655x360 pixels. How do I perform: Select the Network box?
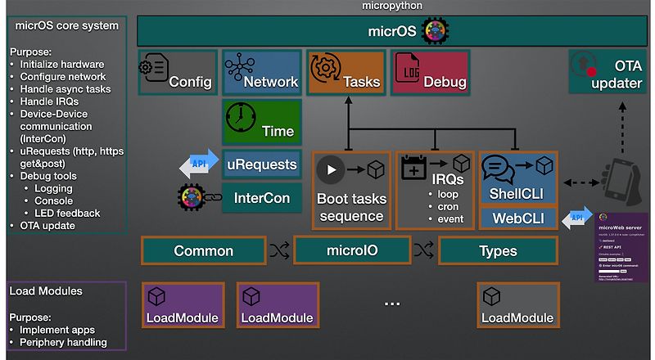[x=261, y=73]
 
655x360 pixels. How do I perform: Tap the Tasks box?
[x=346, y=73]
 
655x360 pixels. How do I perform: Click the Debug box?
[x=431, y=73]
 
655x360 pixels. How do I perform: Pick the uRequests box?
[x=261, y=164]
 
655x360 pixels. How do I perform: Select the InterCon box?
[x=261, y=198]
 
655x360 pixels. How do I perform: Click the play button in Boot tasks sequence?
[x=330, y=170]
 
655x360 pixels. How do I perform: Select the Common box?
[x=204, y=251]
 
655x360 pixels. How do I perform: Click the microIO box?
[x=352, y=251]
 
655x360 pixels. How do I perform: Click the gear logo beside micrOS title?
[x=436, y=33]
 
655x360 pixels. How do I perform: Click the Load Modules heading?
[x=46, y=290]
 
